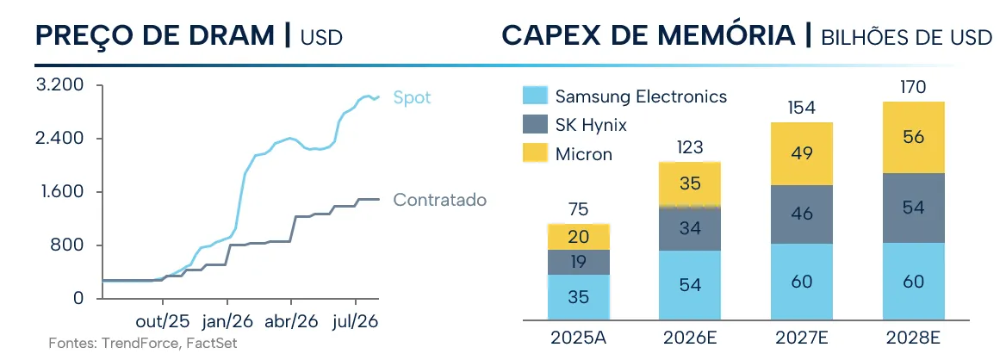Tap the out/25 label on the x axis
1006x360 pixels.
[x=163, y=320]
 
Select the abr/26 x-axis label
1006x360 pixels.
[x=291, y=320]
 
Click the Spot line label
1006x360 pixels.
[x=412, y=97]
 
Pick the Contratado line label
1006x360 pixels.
[x=439, y=200]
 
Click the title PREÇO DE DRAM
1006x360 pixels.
[x=155, y=35]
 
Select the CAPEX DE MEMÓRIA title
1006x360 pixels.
[x=649, y=35]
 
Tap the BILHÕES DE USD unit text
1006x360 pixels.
[x=907, y=38]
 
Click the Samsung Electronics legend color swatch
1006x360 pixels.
[x=535, y=96]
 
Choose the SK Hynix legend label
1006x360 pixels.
[x=591, y=125]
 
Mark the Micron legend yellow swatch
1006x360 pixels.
[x=535, y=153]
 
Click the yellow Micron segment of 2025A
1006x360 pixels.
[x=579, y=237]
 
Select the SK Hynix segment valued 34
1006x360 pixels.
[x=691, y=228]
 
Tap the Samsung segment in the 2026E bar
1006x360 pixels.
[x=691, y=285]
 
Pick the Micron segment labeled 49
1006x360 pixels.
[x=802, y=154]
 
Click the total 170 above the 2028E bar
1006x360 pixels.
[x=913, y=87]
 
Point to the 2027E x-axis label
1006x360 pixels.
[x=802, y=338]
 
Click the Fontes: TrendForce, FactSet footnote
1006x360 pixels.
[x=143, y=344]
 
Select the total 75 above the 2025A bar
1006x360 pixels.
[x=579, y=209]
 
